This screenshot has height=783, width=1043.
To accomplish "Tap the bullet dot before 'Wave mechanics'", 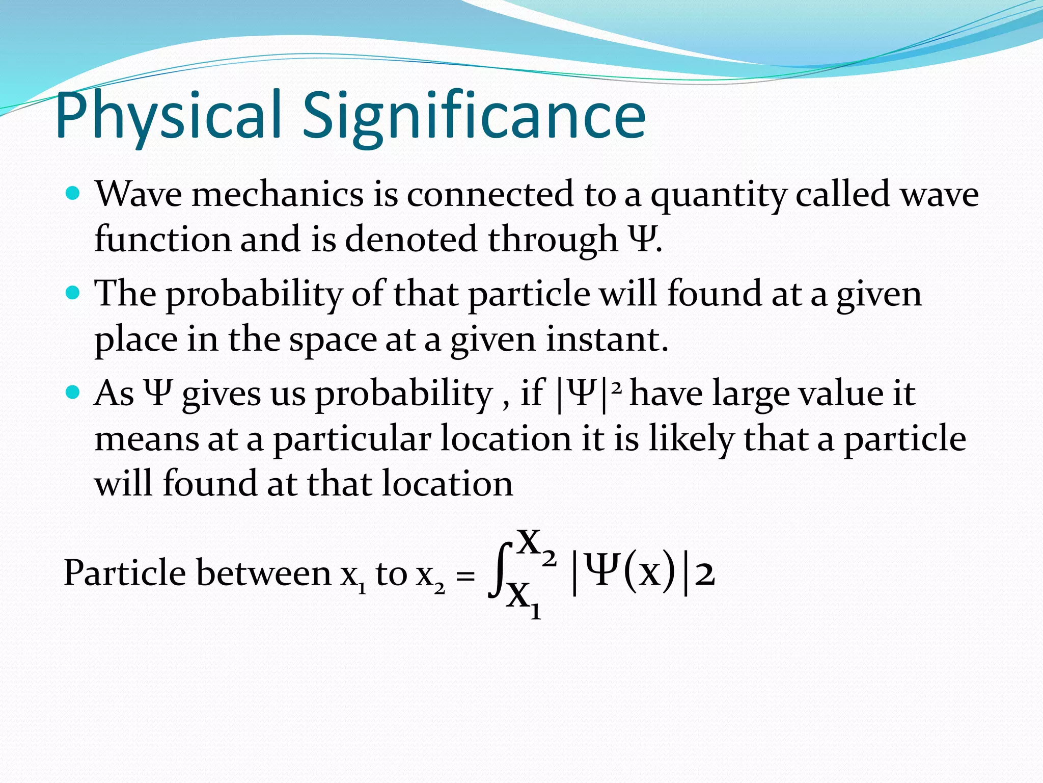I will (x=73, y=194).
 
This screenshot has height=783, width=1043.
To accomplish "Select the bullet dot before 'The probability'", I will (x=73, y=293).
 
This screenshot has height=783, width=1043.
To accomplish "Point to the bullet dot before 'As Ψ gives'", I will (x=73, y=392).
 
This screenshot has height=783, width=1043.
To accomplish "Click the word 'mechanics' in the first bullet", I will (x=278, y=195).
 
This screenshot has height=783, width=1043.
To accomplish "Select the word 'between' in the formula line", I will (x=263, y=573).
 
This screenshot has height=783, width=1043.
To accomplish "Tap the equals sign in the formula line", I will (x=465, y=576).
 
